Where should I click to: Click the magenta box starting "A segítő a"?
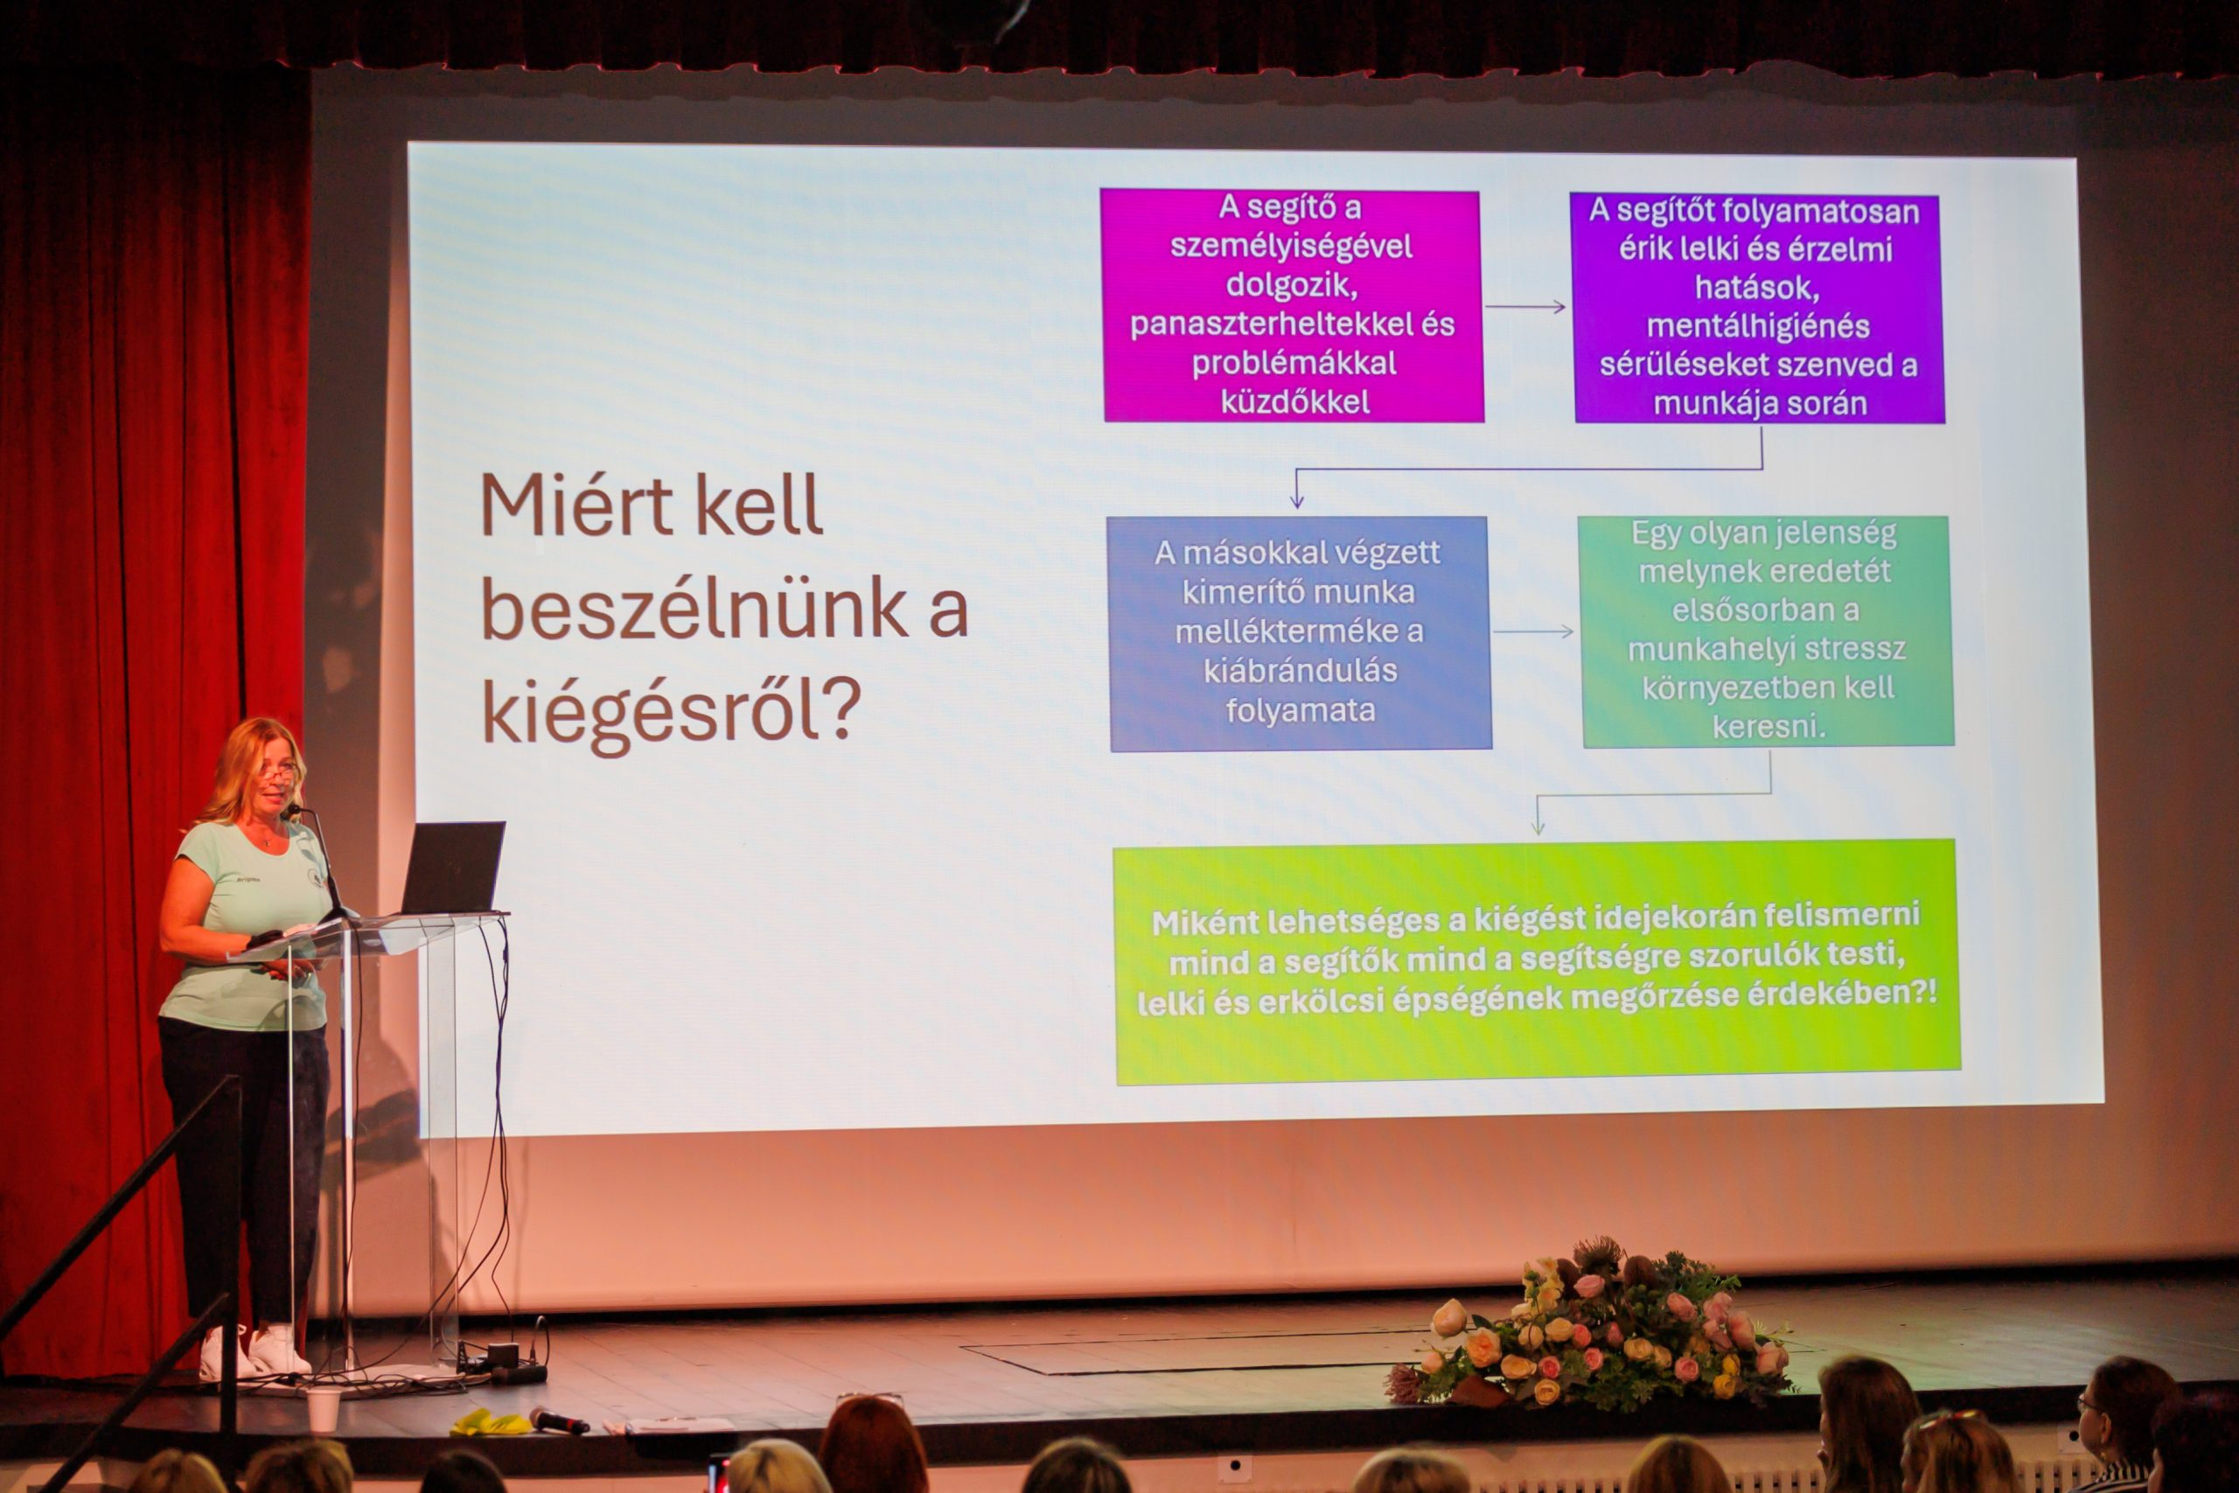pyautogui.click(x=1292, y=305)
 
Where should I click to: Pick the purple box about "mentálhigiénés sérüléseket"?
pyautogui.click(x=1757, y=308)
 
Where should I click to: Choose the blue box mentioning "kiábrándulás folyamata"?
pyautogui.click(x=1300, y=633)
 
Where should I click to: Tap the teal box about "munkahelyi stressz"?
pyautogui.click(x=1766, y=631)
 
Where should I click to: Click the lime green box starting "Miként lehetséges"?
pyautogui.click(x=1536, y=962)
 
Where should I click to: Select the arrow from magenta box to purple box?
pyautogui.click(x=1525, y=307)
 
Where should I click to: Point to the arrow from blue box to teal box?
pyautogui.click(x=1532, y=631)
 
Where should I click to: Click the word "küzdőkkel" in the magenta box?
pyautogui.click(x=1294, y=401)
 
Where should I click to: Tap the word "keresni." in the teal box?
pyautogui.click(x=1768, y=727)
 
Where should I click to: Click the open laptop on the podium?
pyautogui.click(x=452, y=868)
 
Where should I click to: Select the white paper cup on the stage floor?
pyautogui.click(x=323, y=1409)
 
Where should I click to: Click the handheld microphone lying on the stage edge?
pyautogui.click(x=559, y=1420)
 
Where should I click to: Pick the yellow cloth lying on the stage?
pyautogui.click(x=489, y=1422)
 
